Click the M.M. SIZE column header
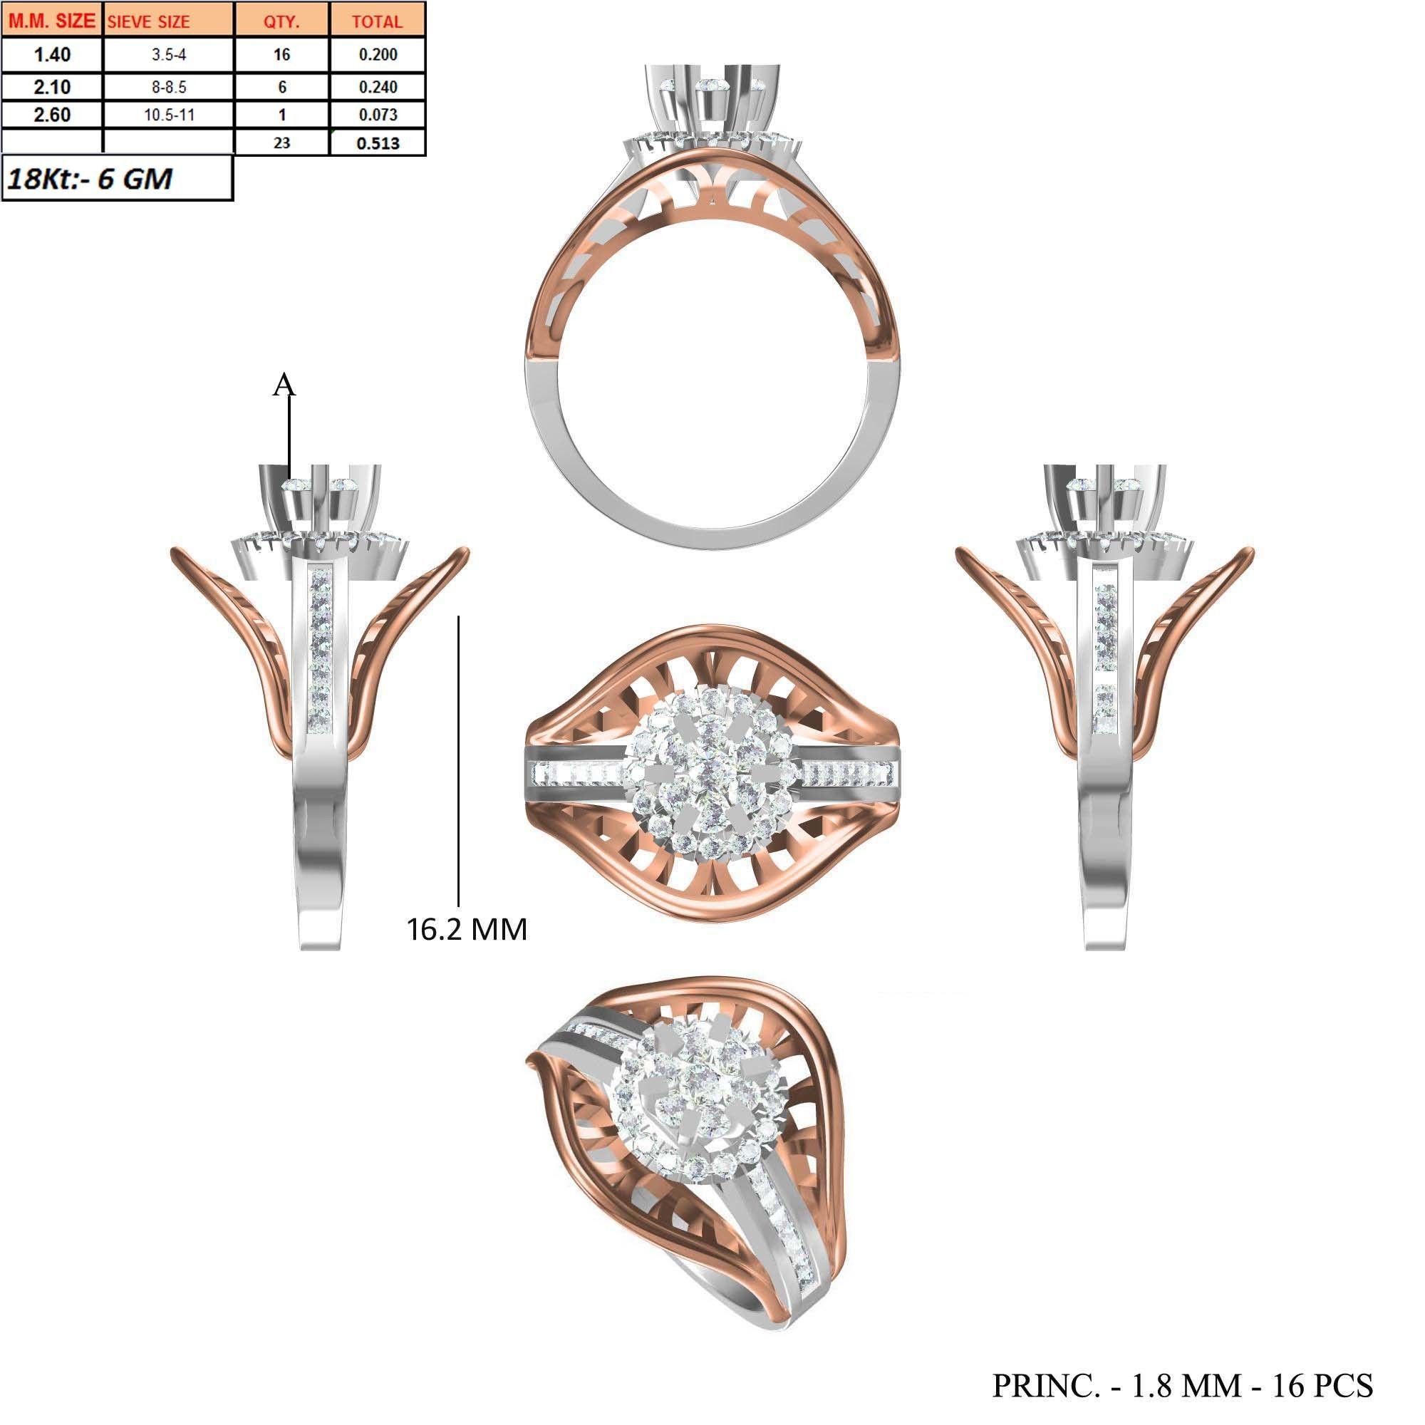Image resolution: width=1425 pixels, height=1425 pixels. click(x=51, y=21)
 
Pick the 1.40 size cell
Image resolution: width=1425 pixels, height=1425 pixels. click(x=52, y=55)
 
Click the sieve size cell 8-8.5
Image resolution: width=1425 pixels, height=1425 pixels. click(x=169, y=87)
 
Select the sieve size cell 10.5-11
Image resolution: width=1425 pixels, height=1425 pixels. click(x=169, y=114)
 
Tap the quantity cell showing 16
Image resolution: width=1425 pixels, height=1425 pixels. click(x=281, y=55)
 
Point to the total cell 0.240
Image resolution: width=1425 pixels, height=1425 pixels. click(x=378, y=87)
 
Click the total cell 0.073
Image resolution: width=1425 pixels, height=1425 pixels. click(x=378, y=114)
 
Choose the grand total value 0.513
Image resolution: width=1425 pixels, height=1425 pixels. click(x=378, y=143)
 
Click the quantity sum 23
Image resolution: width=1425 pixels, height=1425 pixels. click(x=281, y=143)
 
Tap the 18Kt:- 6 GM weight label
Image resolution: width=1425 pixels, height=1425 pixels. click(x=89, y=179)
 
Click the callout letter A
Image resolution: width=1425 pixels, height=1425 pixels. click(x=284, y=384)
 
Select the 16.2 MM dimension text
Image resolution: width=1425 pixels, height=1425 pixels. click(x=467, y=928)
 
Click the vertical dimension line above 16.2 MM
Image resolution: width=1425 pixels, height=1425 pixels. click(x=459, y=760)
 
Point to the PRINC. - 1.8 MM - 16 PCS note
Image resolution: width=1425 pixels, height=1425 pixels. click(x=1182, y=1385)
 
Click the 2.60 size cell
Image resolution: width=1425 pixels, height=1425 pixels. click(x=52, y=114)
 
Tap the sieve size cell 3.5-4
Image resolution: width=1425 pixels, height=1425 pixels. click(x=169, y=55)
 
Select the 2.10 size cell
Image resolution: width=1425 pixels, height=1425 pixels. click(x=52, y=87)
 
